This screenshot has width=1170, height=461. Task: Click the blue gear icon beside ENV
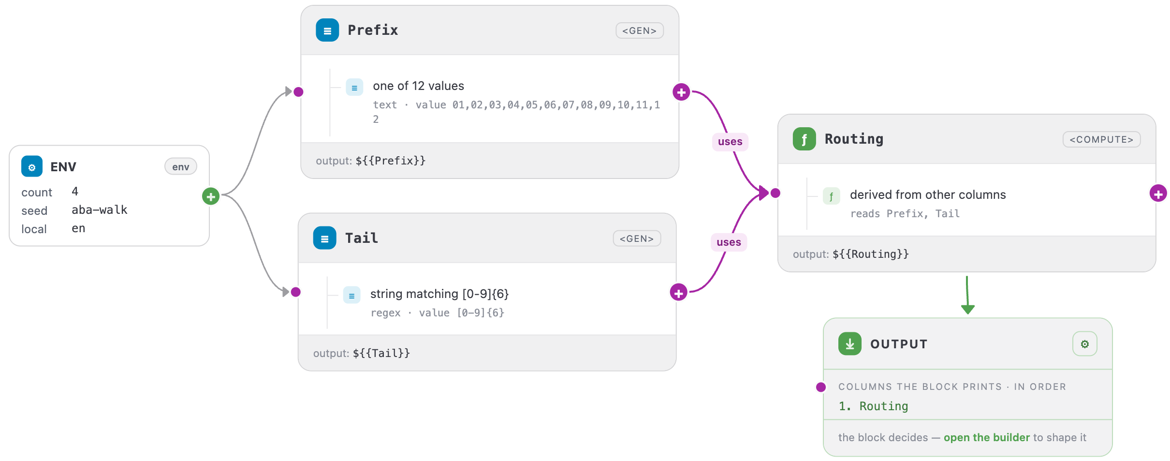32,167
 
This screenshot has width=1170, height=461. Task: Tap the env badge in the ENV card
181,167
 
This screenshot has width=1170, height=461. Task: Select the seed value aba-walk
100,210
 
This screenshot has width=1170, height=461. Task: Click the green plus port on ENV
211,196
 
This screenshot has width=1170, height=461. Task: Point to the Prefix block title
373,30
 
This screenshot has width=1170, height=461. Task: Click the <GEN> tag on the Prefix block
639,30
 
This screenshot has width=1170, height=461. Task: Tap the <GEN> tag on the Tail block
637,238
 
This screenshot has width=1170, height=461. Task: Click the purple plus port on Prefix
681,92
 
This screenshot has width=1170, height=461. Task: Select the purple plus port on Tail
679,292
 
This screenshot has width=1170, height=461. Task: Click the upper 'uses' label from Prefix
730,142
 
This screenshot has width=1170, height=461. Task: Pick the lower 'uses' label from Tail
729,242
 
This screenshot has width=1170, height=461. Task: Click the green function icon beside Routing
804,139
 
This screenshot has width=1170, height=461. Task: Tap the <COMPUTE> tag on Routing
1101,139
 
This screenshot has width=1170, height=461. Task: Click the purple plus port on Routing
1158,194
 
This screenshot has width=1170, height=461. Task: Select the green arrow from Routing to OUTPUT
967,295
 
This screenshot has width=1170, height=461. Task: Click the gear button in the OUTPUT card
1085,344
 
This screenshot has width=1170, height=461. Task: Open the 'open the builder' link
987,437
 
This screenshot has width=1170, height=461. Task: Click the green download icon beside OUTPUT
850,344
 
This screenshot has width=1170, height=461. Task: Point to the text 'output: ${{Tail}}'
362,353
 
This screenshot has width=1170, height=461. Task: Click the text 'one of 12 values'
419,86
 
